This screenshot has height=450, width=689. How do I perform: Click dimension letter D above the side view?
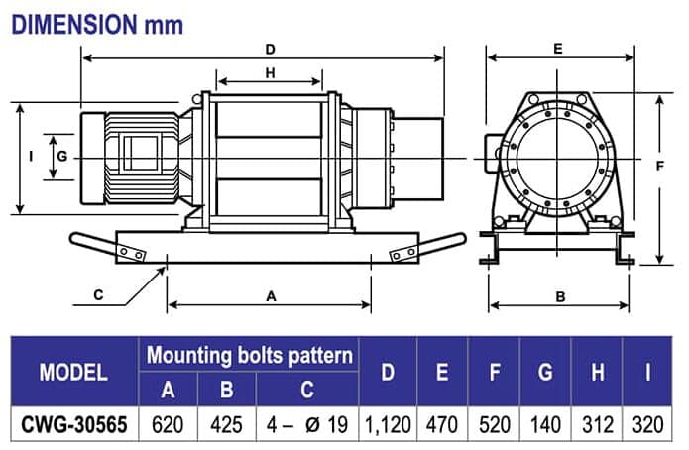[270, 48]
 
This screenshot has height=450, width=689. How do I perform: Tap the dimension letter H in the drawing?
[270, 72]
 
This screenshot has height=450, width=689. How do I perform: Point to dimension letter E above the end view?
[557, 48]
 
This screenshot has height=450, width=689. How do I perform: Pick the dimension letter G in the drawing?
[61, 157]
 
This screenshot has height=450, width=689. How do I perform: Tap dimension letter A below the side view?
[270, 294]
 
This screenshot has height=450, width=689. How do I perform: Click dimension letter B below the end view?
[559, 295]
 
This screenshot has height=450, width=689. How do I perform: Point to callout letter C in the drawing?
[98, 294]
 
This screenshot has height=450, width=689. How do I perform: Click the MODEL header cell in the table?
[73, 372]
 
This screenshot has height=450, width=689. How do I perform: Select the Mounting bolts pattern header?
[250, 355]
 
